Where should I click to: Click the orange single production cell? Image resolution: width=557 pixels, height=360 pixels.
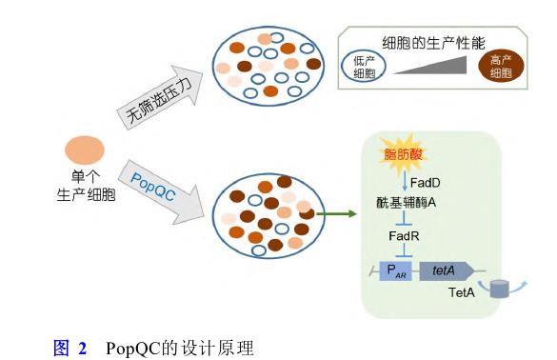84,151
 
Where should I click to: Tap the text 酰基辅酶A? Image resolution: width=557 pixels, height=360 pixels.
407,202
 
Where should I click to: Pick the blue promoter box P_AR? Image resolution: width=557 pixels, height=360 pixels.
395,270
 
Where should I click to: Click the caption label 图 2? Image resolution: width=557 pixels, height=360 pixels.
70,347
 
